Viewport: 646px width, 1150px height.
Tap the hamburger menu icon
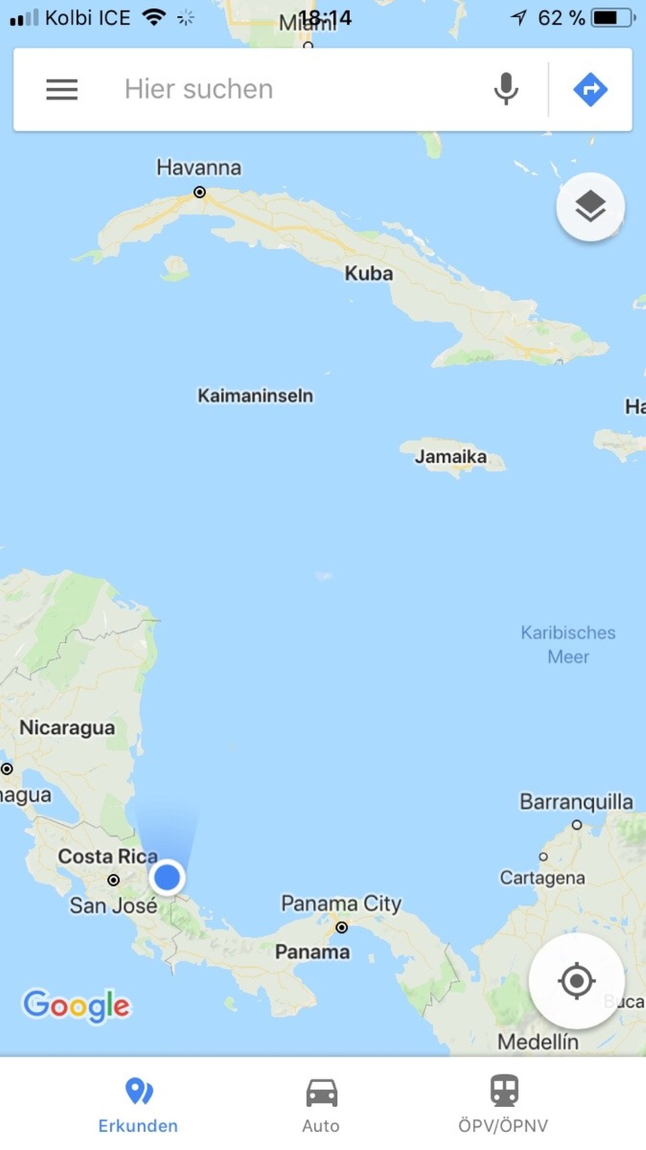[62, 89]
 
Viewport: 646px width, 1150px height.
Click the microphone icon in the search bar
[506, 89]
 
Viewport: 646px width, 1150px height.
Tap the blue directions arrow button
[590, 89]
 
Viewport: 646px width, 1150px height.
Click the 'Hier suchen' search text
[199, 89]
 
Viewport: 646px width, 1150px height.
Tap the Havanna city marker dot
[200, 192]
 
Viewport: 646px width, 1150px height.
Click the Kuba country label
[369, 273]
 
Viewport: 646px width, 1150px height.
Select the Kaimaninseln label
[255, 396]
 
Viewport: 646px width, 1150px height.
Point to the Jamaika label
[450, 457]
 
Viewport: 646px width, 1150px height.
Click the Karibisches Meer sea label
[568, 645]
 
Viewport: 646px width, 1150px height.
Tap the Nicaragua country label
[67, 727]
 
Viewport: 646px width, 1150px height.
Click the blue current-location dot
[167, 877]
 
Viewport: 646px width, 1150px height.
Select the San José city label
[113, 906]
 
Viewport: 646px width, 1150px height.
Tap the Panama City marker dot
[342, 928]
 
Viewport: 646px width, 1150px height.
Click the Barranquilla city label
[576, 801]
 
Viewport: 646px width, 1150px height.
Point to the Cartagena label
[542, 877]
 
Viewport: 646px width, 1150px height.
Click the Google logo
[76, 1006]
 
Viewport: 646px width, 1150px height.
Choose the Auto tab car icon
[322, 1092]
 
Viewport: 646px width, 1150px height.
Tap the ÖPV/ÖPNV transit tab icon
[504, 1091]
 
